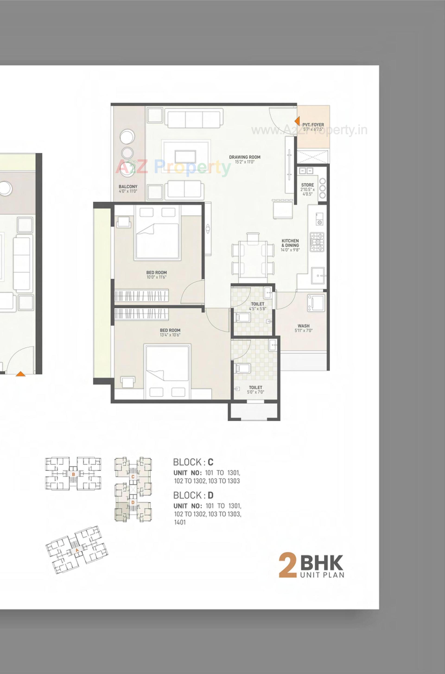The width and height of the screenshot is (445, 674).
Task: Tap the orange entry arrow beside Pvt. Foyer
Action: [x=297, y=121]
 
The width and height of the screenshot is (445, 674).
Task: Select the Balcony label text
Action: [x=128, y=187]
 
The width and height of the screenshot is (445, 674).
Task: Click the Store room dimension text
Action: [x=307, y=192]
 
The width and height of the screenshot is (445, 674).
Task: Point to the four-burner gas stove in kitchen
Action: [x=317, y=242]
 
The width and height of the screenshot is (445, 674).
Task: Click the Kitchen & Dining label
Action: [x=290, y=243]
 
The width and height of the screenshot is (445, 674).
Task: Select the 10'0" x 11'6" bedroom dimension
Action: [x=157, y=277]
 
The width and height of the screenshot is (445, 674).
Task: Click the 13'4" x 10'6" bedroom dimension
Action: [x=170, y=335]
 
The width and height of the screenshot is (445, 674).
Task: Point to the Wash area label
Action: [x=303, y=326]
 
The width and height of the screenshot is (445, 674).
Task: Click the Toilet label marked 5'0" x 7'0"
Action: [x=255, y=387]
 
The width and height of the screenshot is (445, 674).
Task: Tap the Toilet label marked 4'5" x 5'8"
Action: [x=257, y=304]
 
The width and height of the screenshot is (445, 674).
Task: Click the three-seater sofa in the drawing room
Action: [x=194, y=119]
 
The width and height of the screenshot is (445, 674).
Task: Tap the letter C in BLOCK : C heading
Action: [x=210, y=462]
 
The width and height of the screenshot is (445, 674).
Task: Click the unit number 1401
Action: [x=180, y=522]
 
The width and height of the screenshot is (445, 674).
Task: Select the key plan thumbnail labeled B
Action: [x=73, y=474]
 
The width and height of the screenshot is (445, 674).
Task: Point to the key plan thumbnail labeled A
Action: [x=77, y=550]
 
